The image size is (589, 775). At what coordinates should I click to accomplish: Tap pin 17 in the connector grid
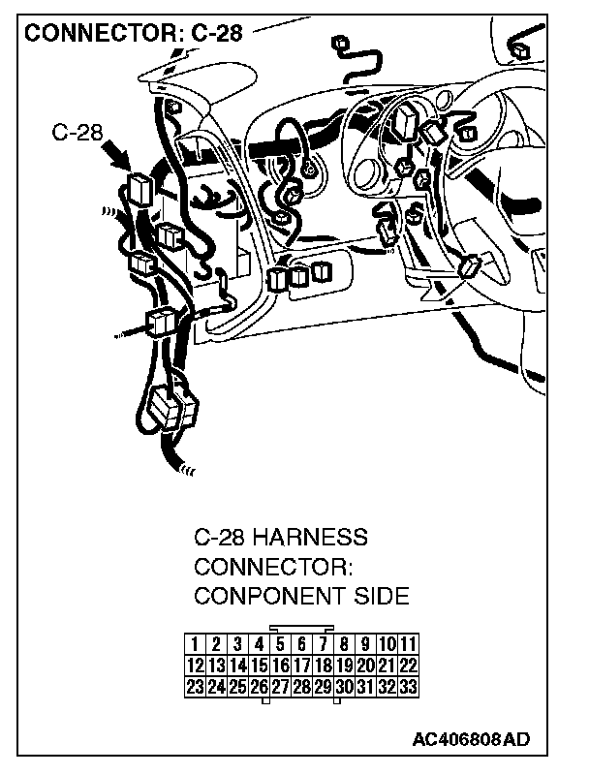coord(301,666)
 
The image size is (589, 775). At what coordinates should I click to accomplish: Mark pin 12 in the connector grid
coord(195,666)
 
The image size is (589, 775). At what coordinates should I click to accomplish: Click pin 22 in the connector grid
coord(408,666)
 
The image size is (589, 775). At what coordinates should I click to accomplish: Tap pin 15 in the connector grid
coord(259,666)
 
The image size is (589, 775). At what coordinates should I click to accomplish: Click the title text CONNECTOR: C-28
coord(133,34)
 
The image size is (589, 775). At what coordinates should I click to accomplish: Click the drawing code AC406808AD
coord(471,740)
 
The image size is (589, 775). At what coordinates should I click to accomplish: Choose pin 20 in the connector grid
coord(365,666)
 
